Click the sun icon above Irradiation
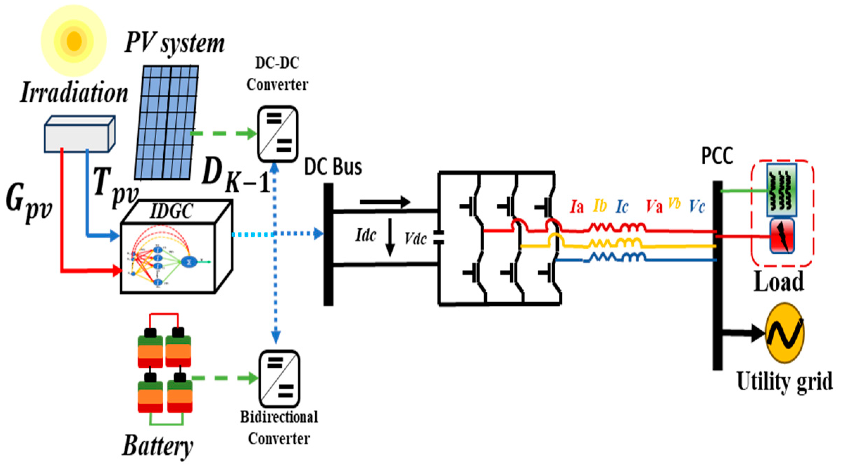(74, 40)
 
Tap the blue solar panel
(166, 122)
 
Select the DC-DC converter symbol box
(278, 134)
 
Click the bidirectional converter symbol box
(279, 379)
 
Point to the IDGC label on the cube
(171, 211)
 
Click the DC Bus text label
(333, 167)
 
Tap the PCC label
(717, 155)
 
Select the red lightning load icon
(782, 236)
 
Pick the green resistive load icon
(782, 190)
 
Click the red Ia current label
(577, 207)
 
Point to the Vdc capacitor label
(416, 239)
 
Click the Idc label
(366, 235)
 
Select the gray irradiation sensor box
(80, 134)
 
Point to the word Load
(778, 281)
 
